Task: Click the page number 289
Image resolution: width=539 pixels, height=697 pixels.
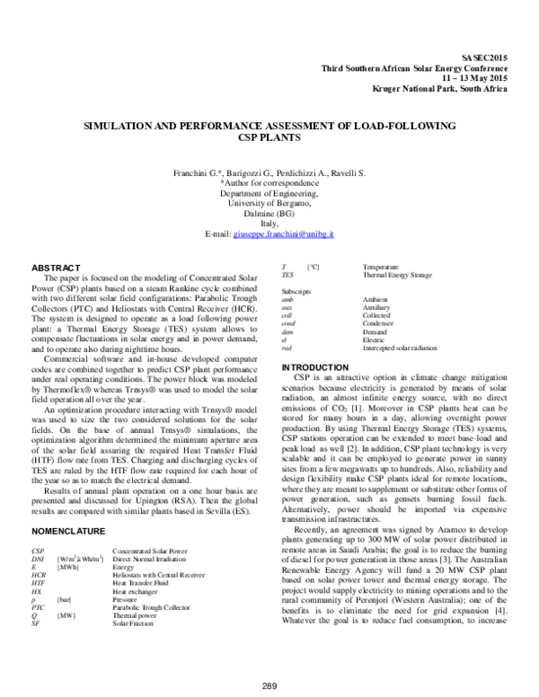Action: (x=269, y=684)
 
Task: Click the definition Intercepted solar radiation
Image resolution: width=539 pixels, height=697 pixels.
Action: (x=399, y=347)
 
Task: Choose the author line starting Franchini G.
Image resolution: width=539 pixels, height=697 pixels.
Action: (x=269, y=172)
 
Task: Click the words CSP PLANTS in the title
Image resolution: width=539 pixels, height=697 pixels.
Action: (x=269, y=140)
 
